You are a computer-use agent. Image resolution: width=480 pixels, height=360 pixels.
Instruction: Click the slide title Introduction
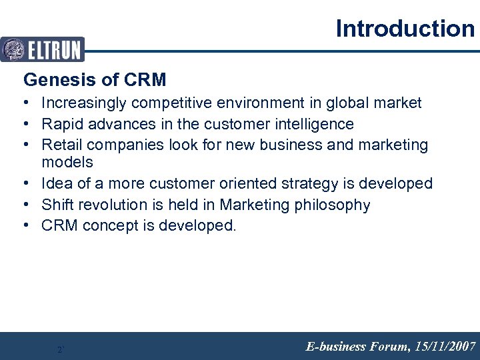tap(405, 29)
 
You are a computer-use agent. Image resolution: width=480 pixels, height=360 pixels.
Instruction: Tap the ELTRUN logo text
tap(55, 49)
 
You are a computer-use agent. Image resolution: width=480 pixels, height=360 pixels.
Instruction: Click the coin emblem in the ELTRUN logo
tap(13, 49)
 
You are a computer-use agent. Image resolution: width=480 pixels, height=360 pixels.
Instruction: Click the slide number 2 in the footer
tap(60, 349)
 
